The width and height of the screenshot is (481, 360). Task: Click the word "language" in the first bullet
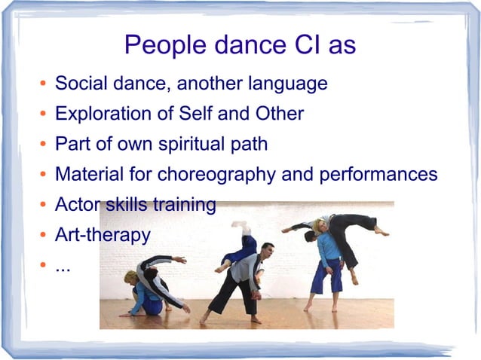click(287, 84)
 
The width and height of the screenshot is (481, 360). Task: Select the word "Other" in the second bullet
click(277, 114)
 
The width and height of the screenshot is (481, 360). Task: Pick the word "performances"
click(378, 175)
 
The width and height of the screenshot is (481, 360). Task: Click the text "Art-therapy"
click(103, 235)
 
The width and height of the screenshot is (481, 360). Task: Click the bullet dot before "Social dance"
click(43, 84)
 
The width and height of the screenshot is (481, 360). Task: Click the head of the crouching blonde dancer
click(130, 277)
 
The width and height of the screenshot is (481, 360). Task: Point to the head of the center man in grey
click(267, 249)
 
